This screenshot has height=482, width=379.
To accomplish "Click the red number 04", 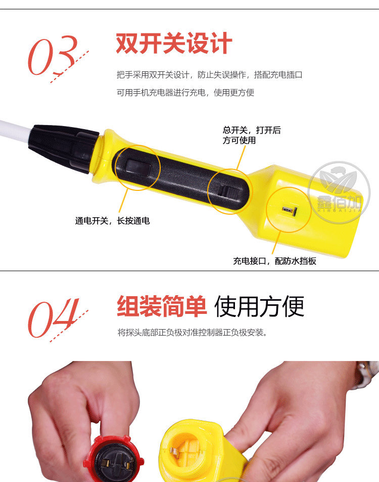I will [54, 318].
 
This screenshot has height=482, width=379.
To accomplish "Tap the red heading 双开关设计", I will [174, 44].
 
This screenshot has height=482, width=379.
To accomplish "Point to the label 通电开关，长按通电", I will [113, 221].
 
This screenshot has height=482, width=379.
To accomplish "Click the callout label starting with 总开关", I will [252, 135].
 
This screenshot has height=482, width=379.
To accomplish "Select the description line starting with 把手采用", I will [209, 75].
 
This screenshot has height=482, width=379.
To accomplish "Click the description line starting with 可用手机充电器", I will [185, 93].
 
